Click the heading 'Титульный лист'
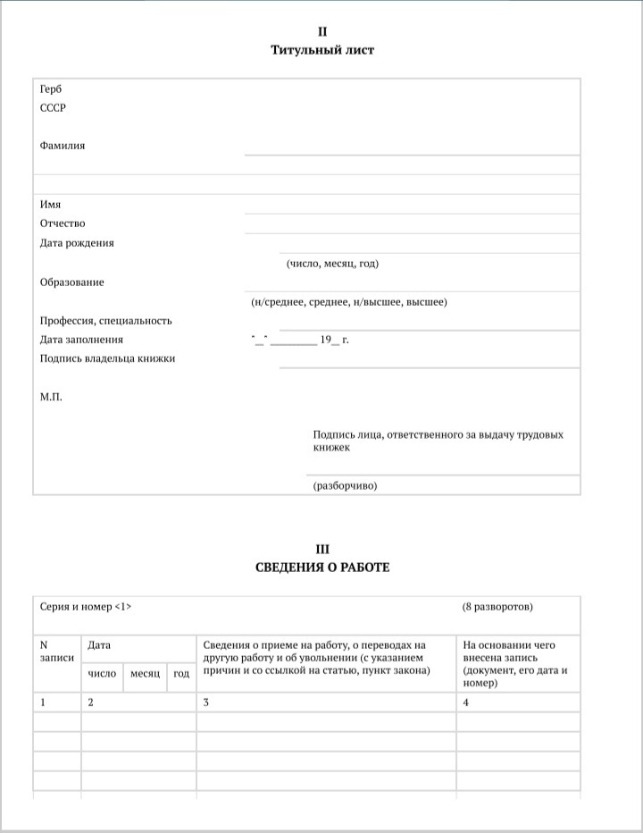click(322, 50)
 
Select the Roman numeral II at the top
click(322, 31)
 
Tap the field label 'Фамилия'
click(63, 145)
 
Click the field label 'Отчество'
click(63, 223)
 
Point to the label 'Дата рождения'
click(77, 243)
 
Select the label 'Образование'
click(71, 282)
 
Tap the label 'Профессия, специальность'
click(105, 321)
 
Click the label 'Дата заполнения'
click(81, 340)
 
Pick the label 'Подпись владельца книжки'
click(107, 358)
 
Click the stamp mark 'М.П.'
click(51, 396)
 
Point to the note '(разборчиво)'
click(345, 486)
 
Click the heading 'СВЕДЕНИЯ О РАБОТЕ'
click(322, 568)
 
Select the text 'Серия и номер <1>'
click(86, 607)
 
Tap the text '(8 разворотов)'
click(497, 607)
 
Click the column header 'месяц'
click(145, 673)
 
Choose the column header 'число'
click(102, 673)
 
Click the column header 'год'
click(181, 673)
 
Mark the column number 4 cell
click(466, 703)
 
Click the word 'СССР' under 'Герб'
click(53, 108)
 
